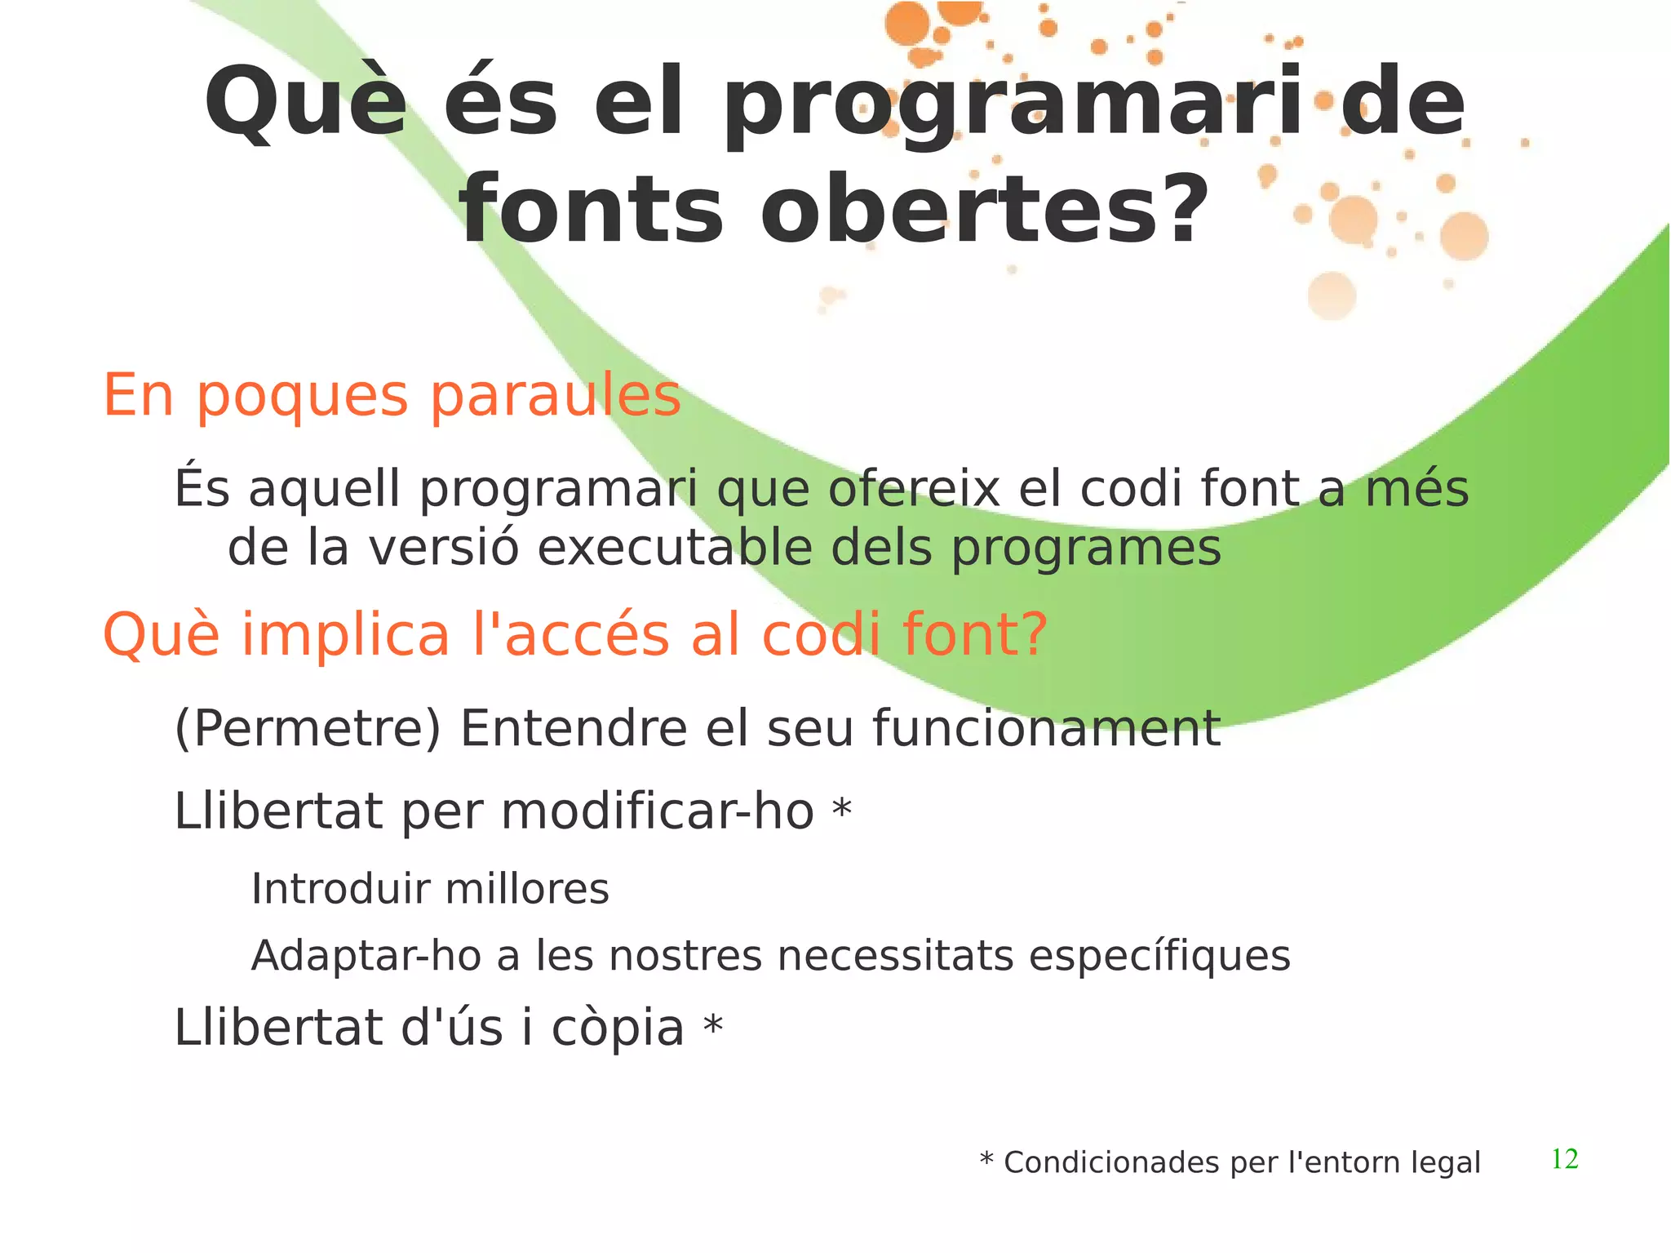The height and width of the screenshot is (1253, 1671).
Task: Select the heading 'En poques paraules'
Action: click(x=392, y=396)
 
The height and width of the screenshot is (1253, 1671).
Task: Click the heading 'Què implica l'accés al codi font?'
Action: click(x=574, y=635)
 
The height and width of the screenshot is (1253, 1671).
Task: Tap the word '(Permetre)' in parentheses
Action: click(x=308, y=728)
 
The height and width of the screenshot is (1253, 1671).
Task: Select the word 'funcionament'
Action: click(x=1046, y=728)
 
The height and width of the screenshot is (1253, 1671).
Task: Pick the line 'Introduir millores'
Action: click(x=430, y=889)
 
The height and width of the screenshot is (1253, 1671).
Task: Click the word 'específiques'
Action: click(x=1159, y=956)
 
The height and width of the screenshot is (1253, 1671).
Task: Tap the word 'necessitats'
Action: click(x=895, y=956)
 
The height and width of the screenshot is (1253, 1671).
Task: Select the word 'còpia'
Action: click(x=618, y=1029)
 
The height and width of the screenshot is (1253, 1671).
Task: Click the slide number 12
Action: click(x=1564, y=1159)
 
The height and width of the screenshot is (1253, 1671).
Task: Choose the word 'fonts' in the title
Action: click(x=591, y=211)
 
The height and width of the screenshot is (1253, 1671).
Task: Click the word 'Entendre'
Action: click(x=574, y=728)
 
